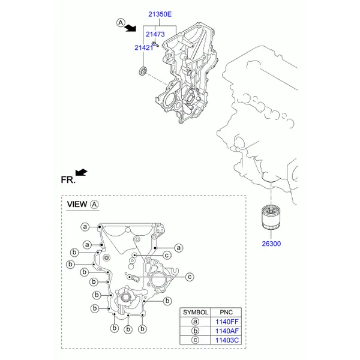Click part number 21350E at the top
(160, 14)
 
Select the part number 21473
(155, 34)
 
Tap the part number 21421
(144, 47)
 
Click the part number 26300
(271, 244)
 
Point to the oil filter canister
(271, 217)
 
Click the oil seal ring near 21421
(143, 70)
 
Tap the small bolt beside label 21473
(155, 44)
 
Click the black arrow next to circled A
(130, 28)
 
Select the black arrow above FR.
(81, 172)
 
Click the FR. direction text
(68, 180)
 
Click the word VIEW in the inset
(77, 204)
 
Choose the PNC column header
(226, 312)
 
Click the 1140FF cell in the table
(227, 322)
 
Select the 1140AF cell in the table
(227, 331)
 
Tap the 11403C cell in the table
(227, 340)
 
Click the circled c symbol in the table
(195, 340)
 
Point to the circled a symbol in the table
(195, 322)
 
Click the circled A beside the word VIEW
(94, 205)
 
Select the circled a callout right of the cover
(179, 248)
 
